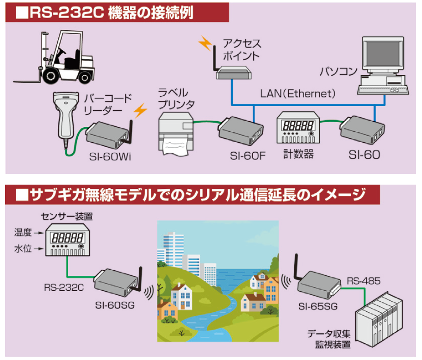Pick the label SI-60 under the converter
coord(364,155)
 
